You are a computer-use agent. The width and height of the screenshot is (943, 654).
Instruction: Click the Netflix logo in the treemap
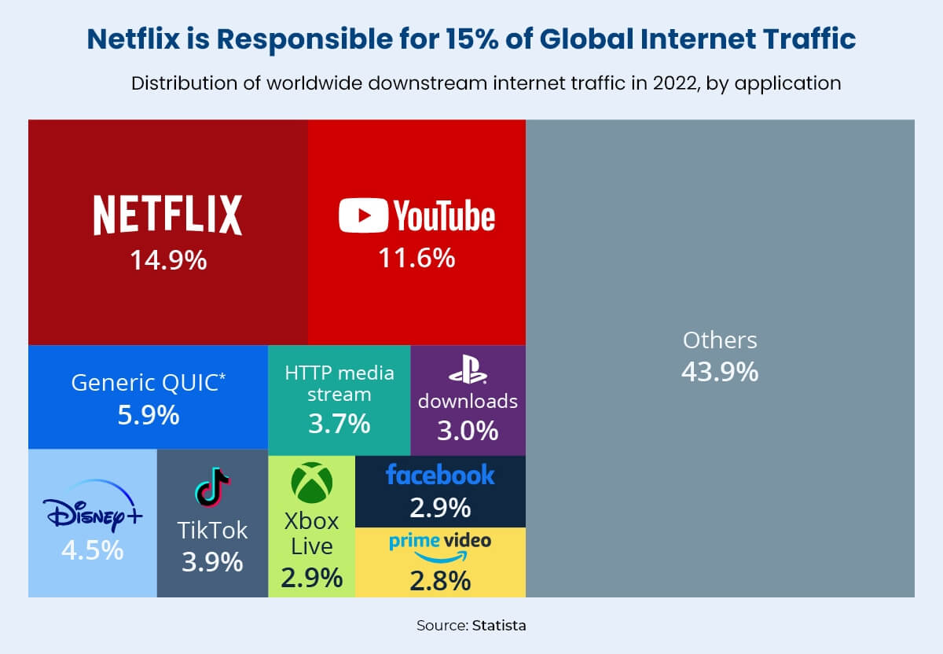(167, 215)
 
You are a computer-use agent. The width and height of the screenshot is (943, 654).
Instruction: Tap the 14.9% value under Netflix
(168, 259)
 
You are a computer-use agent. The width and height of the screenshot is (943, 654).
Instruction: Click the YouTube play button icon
(363, 215)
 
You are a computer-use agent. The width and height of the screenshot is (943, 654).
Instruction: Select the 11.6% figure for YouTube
(416, 257)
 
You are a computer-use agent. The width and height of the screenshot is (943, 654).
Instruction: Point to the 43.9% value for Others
(720, 371)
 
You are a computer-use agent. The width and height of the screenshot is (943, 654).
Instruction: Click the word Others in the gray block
(720, 340)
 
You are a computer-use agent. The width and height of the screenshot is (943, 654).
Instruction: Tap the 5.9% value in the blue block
(148, 415)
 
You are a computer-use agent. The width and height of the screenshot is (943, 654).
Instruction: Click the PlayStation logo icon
(468, 370)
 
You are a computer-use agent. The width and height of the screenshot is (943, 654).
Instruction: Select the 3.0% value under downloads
(468, 431)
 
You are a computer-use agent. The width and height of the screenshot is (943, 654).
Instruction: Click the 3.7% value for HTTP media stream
(339, 424)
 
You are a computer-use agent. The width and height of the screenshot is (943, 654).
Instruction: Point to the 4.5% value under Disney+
(92, 549)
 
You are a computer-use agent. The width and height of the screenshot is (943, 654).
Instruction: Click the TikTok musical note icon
(212, 487)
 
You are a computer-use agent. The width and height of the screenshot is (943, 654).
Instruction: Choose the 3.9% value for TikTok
(212, 562)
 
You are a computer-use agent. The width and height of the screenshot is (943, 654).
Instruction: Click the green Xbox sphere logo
(312, 482)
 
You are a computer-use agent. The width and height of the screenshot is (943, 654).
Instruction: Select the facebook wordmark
(440, 475)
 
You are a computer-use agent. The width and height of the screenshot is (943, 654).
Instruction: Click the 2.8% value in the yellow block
(440, 582)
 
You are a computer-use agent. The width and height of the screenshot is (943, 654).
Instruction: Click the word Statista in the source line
(499, 626)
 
